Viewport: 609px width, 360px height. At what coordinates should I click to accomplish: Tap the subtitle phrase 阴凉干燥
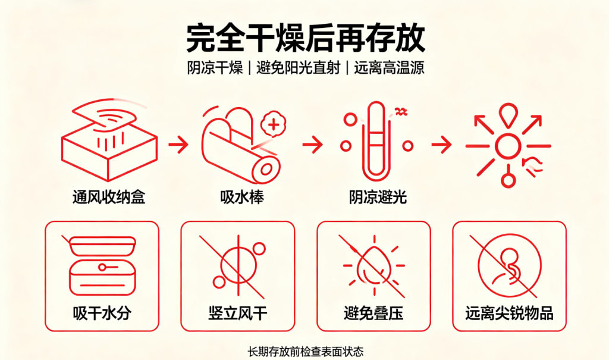point(215,68)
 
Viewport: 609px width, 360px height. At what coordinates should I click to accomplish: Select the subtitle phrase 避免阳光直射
point(299,68)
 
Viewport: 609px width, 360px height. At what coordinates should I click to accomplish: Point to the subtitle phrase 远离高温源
point(389,68)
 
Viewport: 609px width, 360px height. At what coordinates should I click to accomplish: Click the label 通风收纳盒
point(109,197)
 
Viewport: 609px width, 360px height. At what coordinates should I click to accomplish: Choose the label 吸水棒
point(242,197)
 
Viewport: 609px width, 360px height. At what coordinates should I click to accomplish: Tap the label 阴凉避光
point(378,197)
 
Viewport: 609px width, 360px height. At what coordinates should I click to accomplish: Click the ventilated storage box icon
point(109,140)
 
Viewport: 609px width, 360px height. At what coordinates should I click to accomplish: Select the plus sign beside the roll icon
point(274,125)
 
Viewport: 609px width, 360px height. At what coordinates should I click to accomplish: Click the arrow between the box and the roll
point(178,145)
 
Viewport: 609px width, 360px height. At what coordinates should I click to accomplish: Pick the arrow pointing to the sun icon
point(442,145)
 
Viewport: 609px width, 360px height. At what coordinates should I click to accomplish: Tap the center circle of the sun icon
point(508,146)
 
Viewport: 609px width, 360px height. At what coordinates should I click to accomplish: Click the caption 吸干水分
point(102,313)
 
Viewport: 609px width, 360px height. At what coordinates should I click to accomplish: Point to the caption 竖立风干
point(238,313)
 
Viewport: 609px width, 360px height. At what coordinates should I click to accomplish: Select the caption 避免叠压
point(373,313)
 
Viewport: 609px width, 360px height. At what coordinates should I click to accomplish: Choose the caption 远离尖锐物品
point(509,313)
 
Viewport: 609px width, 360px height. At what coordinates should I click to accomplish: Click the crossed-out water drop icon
point(373,266)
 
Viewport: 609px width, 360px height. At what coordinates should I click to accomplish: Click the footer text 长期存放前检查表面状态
point(306,352)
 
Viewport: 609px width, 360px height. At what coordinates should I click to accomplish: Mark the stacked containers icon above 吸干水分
point(102,266)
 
